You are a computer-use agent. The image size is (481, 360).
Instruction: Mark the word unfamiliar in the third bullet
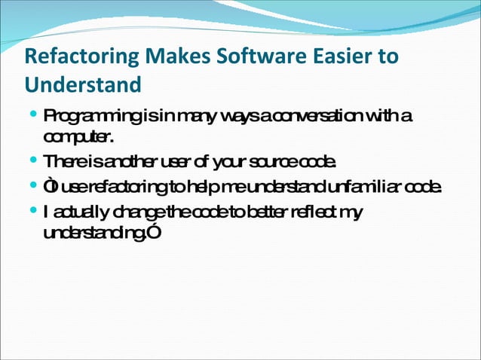pos(366,187)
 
